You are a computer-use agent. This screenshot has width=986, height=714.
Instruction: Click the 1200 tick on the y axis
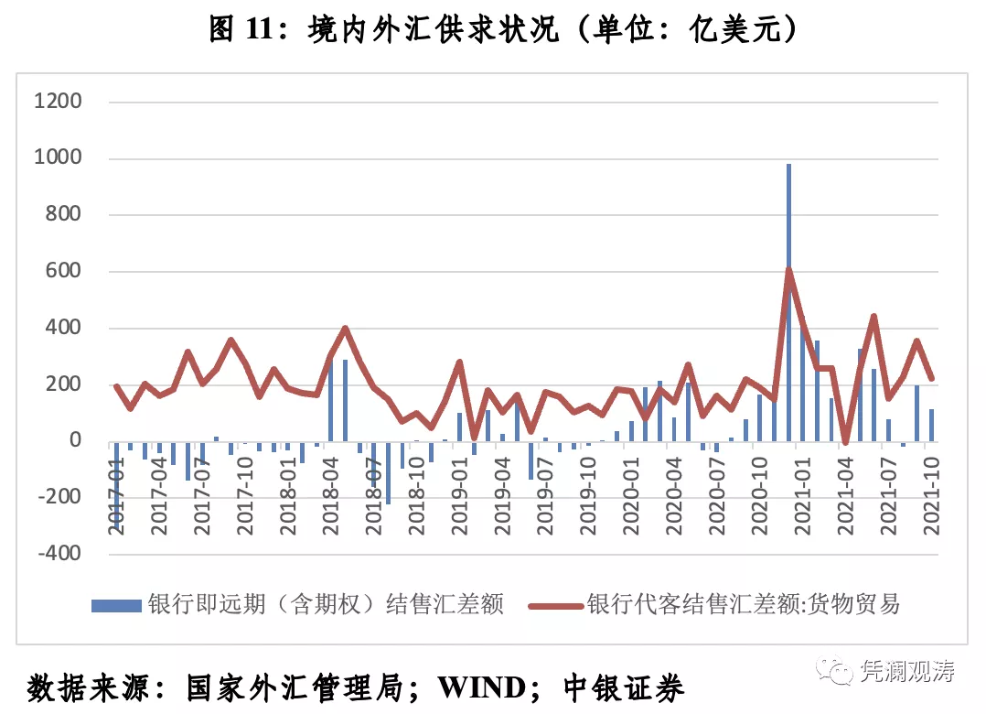coord(58,102)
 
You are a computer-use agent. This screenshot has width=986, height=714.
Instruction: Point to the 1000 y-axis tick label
coord(58,158)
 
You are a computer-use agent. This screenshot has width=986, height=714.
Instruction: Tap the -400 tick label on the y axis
coord(58,554)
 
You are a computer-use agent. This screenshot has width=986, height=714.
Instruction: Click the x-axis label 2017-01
coord(116,495)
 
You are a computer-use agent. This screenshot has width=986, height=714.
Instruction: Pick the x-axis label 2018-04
coord(329,495)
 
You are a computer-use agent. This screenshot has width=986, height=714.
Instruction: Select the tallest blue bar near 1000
coord(788,275)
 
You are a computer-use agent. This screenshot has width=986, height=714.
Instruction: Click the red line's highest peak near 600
coord(788,269)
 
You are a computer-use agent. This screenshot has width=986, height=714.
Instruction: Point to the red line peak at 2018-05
coord(345,328)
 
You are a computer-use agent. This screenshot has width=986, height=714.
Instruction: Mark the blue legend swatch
coord(116,605)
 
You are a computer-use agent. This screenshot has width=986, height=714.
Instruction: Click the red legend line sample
coord(554,605)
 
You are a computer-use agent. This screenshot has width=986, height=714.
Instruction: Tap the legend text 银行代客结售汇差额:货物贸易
coord(744,604)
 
